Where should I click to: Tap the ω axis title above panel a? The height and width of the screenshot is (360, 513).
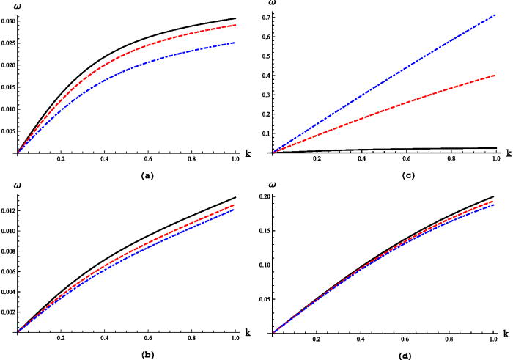point(17,4)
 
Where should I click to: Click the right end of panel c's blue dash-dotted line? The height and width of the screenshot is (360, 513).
point(496,13)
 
